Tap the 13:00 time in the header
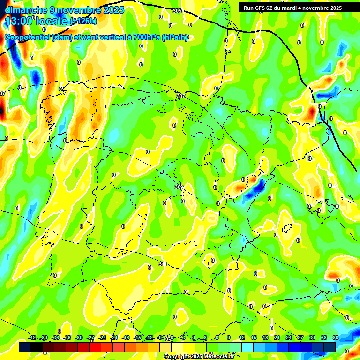[19, 21]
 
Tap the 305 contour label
[177, 11]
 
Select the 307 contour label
[180, 96]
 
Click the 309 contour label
[179, 187]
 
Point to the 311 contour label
[163, 264]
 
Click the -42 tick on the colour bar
[32, 337]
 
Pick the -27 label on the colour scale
[90, 337]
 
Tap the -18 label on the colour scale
[125, 337]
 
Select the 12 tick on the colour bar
[242, 337]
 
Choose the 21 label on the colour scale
[277, 337]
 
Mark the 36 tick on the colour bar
[335, 337]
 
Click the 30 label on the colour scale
[312, 337]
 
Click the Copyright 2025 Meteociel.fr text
[199, 357]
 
